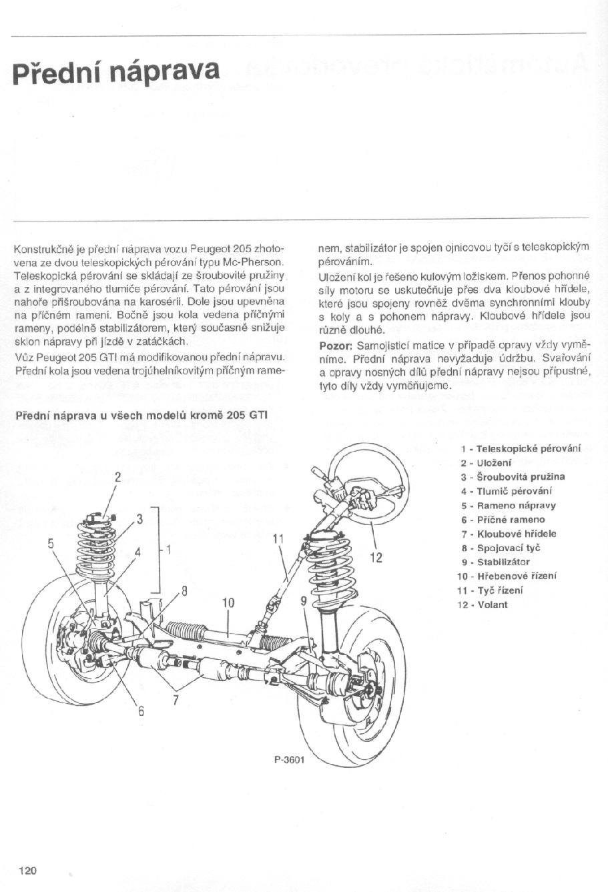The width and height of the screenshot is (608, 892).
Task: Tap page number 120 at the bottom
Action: pos(27,870)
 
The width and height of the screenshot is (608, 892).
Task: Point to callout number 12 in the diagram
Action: pos(376,557)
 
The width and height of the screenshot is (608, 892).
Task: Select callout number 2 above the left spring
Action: pos(117,477)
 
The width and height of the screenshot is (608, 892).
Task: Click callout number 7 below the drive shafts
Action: pos(176,700)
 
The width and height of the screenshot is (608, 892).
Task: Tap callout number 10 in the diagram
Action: pos(228,602)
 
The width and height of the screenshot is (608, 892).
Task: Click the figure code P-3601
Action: pos(288,759)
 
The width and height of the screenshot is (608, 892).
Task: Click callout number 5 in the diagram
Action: pos(50,542)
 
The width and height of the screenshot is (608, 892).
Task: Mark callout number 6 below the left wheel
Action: pos(141,711)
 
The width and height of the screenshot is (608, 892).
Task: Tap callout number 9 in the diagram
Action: pos(303,600)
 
